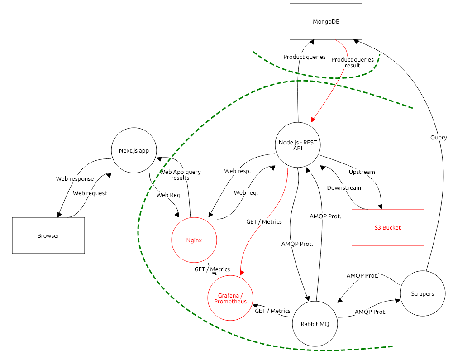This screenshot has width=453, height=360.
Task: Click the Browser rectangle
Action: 48,235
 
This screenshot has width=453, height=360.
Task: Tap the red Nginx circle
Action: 194,240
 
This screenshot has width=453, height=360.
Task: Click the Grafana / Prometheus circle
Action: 230,298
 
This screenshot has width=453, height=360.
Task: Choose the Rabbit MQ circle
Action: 315,324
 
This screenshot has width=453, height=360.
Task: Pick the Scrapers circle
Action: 422,293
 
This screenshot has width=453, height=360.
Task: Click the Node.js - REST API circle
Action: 297,145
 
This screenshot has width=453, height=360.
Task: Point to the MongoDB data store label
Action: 326,21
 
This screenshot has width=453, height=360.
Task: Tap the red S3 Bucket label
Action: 387,228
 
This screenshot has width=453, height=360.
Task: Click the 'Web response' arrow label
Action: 75,179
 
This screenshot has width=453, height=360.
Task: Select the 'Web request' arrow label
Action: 90,193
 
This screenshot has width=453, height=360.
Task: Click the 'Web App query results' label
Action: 180,175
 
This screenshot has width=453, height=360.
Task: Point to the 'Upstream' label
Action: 362,172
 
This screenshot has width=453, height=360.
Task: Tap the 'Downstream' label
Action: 344,188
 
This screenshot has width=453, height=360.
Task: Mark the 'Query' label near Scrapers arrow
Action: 439,138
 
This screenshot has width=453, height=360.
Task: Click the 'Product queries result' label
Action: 353,62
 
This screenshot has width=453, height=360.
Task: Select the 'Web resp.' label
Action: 237,171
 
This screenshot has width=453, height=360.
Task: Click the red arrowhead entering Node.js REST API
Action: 313,120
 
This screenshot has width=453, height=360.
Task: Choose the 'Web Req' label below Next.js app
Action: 168,195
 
